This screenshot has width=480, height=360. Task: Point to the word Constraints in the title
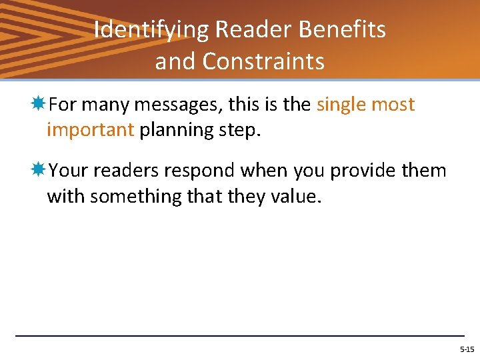[263, 61]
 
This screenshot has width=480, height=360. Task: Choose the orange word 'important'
[90, 130]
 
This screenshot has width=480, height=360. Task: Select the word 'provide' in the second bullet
[364, 171]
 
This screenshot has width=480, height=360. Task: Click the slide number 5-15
[467, 349]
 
